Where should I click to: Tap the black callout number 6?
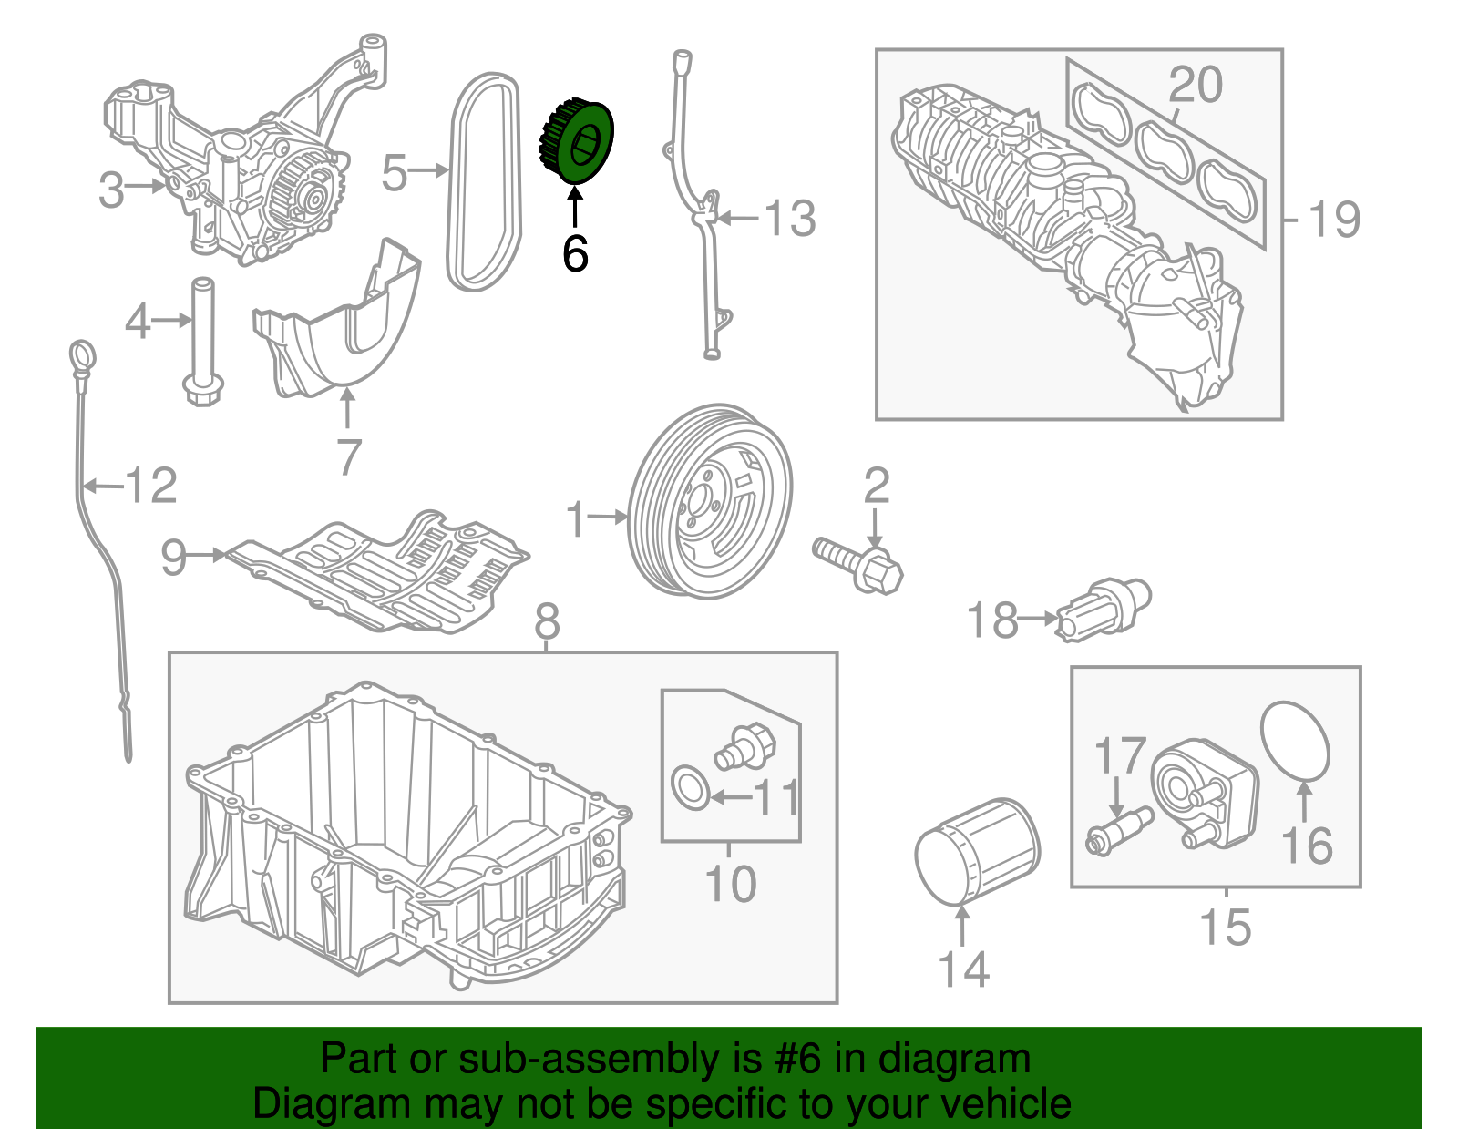575,253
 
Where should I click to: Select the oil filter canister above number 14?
976,850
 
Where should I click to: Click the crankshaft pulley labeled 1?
711,502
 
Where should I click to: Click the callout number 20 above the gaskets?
1195,85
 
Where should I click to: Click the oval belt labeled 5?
485,182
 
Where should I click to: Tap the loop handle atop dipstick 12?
82,356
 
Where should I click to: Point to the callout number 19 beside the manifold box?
1333,220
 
